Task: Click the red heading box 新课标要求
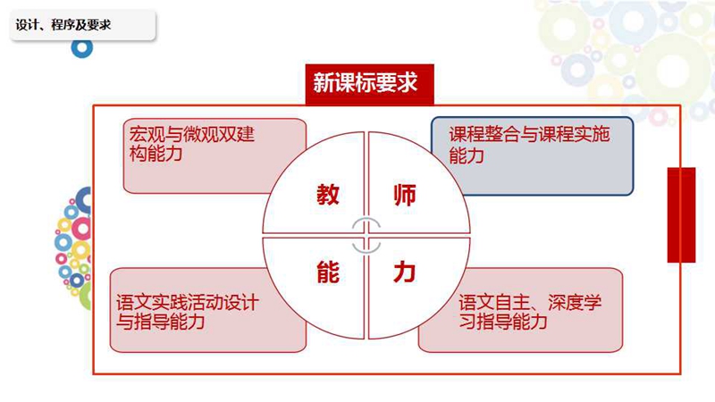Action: point(369,84)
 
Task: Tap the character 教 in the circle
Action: point(328,195)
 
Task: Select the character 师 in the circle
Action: point(405,195)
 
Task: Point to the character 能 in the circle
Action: point(328,272)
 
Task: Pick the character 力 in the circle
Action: point(405,272)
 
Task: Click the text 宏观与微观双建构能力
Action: point(191,144)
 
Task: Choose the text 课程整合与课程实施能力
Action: point(529,145)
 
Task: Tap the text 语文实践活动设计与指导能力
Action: point(188,312)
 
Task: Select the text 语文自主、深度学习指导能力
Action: point(530,312)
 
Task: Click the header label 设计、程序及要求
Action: point(63,25)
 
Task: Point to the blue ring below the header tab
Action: point(82,48)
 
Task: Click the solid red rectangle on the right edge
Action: point(681,215)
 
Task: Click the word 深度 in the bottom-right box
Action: point(566,302)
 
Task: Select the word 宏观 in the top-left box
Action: point(147,134)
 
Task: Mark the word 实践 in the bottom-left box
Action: point(169,303)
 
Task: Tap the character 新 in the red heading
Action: point(323,83)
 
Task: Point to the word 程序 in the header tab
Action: point(63,25)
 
